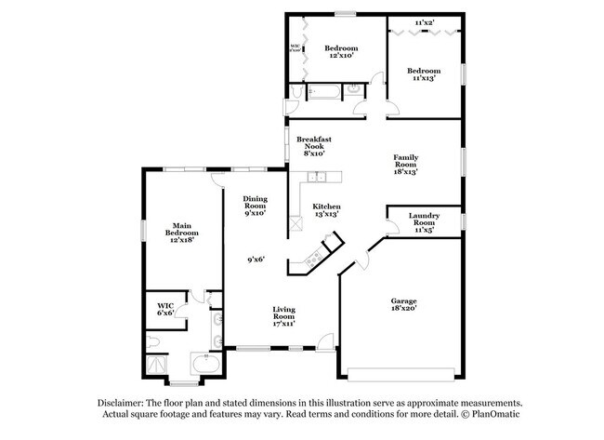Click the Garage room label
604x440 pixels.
(x=402, y=305)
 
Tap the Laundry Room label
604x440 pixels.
(x=425, y=223)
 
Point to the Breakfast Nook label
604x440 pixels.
(x=313, y=146)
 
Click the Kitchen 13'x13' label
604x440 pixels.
(x=325, y=209)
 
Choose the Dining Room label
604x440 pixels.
(x=255, y=206)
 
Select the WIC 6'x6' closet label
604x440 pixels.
(x=165, y=308)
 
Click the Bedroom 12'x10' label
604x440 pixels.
(x=341, y=52)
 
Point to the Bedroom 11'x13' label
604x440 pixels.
(x=425, y=74)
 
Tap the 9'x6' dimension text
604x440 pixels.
(x=256, y=260)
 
